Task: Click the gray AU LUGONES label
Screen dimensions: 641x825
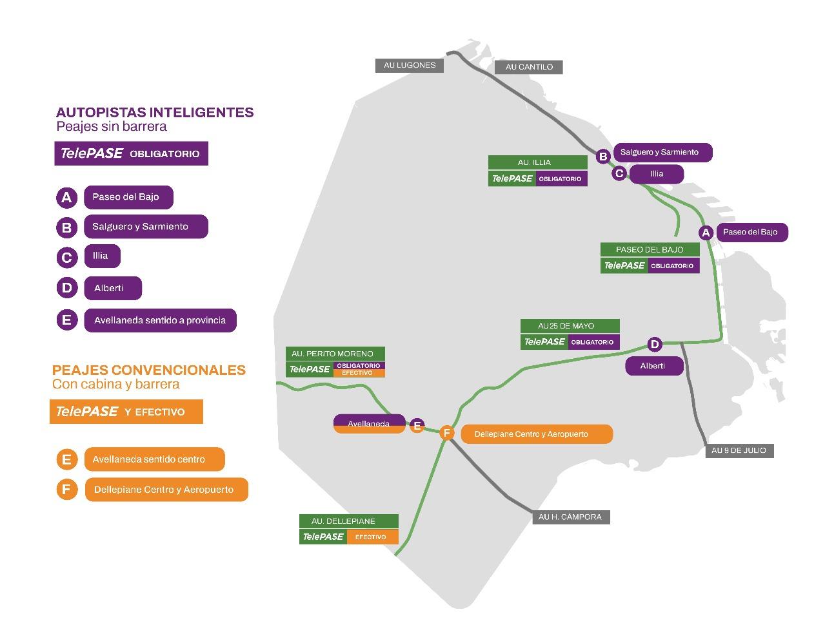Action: (x=409, y=65)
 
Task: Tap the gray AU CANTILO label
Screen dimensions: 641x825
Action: (x=529, y=66)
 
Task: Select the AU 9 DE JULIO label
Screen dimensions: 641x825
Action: (x=739, y=450)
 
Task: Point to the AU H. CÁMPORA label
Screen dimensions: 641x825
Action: (x=570, y=517)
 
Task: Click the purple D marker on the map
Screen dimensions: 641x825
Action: (x=654, y=344)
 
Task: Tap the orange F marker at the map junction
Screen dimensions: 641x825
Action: (x=446, y=433)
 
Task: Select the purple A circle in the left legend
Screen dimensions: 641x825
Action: (x=66, y=198)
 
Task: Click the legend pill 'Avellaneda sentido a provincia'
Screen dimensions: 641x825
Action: (x=160, y=320)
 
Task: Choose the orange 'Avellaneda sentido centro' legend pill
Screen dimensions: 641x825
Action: (x=154, y=459)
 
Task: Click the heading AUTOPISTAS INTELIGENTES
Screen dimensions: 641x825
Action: (x=155, y=112)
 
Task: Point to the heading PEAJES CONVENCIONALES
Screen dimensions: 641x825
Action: (x=149, y=370)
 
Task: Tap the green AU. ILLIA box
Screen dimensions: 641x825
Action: (x=537, y=162)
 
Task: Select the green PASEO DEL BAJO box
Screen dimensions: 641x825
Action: (x=650, y=249)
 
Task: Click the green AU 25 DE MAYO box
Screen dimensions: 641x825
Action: (x=570, y=326)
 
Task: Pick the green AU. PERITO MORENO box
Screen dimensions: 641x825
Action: (x=335, y=354)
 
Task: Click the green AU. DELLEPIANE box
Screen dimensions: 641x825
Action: (x=348, y=521)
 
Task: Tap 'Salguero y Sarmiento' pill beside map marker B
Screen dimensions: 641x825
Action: (x=662, y=152)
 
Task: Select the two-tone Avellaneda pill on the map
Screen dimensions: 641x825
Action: (x=369, y=424)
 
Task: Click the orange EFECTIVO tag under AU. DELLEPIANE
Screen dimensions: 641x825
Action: (x=372, y=537)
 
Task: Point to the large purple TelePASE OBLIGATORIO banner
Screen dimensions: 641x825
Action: (x=131, y=153)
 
